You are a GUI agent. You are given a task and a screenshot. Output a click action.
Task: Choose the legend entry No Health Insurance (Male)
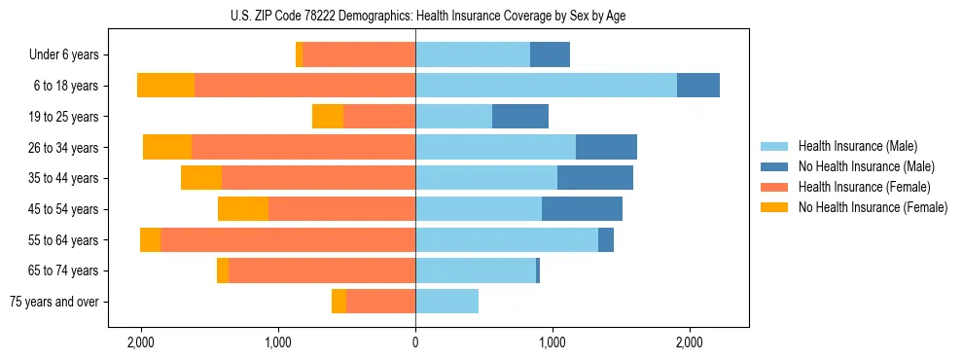coord(866,166)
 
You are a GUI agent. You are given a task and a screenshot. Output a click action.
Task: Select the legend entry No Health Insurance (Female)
coord(872,207)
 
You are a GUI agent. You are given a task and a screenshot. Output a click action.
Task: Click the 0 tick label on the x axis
coord(415,342)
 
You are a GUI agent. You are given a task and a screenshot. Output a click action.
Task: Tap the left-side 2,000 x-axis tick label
coord(141,342)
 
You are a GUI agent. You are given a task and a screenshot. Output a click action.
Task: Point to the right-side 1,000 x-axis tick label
coord(553,342)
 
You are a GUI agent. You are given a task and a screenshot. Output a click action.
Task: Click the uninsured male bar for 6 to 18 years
coord(698,86)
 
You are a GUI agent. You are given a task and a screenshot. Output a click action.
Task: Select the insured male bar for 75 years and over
coord(446,302)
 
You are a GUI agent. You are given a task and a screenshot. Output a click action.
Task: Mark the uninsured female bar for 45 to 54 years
coord(243,209)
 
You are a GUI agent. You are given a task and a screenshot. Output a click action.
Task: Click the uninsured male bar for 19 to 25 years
coord(520,117)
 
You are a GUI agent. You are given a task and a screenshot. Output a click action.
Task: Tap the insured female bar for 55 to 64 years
coord(288,240)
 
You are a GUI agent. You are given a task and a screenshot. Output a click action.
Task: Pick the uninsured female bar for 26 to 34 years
coord(167,147)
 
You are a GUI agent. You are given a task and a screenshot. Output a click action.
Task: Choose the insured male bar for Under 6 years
coord(473,54)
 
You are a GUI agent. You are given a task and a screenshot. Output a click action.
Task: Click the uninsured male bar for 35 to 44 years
coord(595,178)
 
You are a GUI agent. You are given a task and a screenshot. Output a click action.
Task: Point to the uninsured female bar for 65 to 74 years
coord(223,270)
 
